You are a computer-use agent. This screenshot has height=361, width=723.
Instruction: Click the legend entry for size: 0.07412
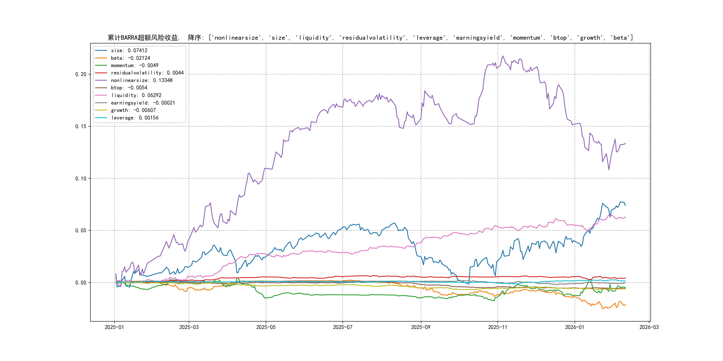(129, 50)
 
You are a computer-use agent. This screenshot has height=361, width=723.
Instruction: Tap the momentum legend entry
(134, 65)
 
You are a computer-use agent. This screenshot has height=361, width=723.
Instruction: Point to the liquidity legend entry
(136, 95)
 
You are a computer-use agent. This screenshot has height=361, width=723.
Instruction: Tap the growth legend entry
(133, 110)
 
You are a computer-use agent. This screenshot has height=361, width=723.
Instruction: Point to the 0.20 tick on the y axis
(81, 74)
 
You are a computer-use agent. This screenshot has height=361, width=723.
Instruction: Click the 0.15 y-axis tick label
(81, 126)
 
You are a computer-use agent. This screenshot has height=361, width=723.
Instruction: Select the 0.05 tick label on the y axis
(81, 230)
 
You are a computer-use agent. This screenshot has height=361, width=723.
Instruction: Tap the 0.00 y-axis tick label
(81, 283)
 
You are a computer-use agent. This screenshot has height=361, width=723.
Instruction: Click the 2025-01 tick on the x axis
(114, 327)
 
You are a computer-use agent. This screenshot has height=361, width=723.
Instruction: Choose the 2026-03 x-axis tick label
(649, 327)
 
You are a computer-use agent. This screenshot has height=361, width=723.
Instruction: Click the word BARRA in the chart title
(129, 38)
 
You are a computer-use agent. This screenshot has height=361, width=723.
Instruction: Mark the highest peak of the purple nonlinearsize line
(503, 56)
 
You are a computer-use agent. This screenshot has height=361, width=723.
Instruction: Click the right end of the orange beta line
(625, 304)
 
